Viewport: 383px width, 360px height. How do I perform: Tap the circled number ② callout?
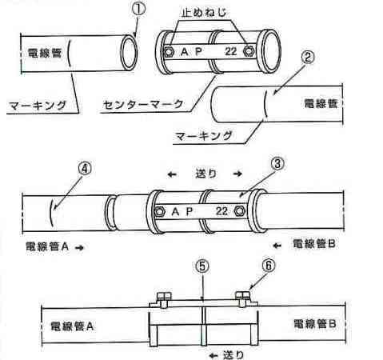[x=308, y=57]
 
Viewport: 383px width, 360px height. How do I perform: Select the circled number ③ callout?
[x=277, y=163]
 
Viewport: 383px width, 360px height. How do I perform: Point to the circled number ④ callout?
[x=85, y=169]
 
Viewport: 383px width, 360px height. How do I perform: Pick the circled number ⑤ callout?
[x=202, y=266]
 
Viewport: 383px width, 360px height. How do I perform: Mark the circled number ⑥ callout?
[x=269, y=266]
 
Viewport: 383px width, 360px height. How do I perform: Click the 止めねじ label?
[x=204, y=13]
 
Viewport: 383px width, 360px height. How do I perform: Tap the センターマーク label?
[x=144, y=104]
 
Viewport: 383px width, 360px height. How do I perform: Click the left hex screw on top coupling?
[x=169, y=51]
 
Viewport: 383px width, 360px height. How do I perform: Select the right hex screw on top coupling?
[x=249, y=50]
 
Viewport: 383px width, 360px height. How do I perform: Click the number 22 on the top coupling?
[x=231, y=51]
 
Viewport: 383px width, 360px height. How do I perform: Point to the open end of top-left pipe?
[x=129, y=52]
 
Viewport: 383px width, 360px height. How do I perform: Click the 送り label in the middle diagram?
[x=205, y=174]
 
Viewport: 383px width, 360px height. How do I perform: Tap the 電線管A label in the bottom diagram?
[x=72, y=326]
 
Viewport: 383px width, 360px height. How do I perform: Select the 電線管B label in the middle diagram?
[x=314, y=244]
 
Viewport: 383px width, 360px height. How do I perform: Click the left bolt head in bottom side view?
[x=164, y=296]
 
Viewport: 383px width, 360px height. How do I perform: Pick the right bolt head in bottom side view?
[x=242, y=295]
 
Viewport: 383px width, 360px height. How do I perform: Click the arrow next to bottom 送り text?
[x=213, y=355]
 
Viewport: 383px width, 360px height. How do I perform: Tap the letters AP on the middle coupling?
[x=182, y=211]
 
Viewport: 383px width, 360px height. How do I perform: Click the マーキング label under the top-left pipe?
[x=38, y=106]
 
